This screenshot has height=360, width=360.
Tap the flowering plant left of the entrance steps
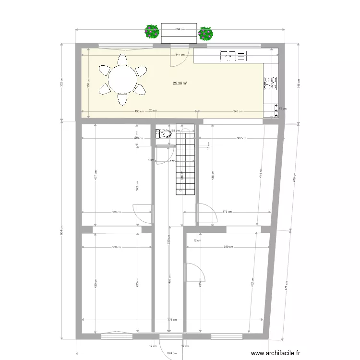[152, 32]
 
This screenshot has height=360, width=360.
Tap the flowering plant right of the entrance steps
[205, 33]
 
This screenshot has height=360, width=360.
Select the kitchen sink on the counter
[233, 56]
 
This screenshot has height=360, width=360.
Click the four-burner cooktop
[270, 84]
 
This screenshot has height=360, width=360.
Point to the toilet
[164, 134]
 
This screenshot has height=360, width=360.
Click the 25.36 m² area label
[180, 83]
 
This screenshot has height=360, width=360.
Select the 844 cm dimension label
[180, 55]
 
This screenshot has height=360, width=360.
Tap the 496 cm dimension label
[139, 111]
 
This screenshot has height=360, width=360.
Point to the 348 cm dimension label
[237, 111]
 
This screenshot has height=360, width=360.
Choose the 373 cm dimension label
[227, 212]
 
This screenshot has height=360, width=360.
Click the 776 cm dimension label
[172, 320]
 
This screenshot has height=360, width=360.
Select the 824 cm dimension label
[172, 353]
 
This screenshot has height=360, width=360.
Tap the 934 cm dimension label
[61, 230]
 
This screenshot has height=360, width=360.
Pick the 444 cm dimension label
[261, 173]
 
